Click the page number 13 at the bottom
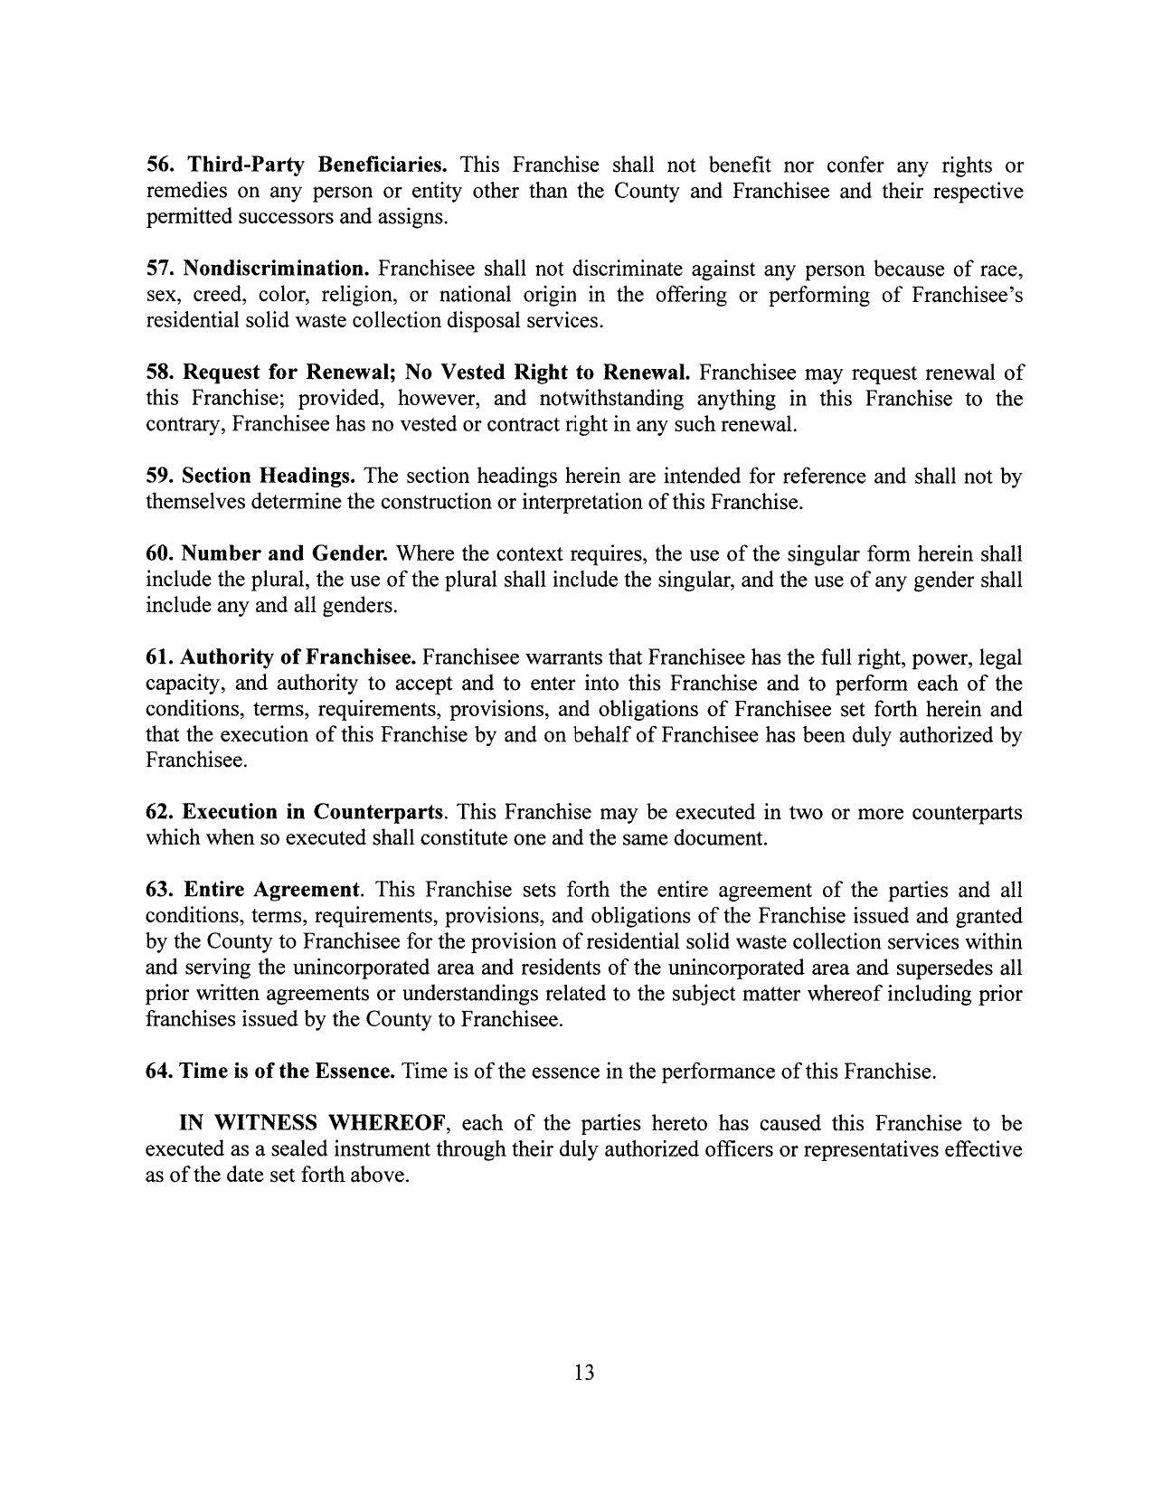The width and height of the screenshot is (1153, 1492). [583, 1373]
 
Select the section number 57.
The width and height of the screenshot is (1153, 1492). [160, 269]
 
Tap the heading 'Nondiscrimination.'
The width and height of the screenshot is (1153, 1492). [277, 269]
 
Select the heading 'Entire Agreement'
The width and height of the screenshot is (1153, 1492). [271, 890]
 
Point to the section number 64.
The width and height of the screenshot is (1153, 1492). [160, 1072]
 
